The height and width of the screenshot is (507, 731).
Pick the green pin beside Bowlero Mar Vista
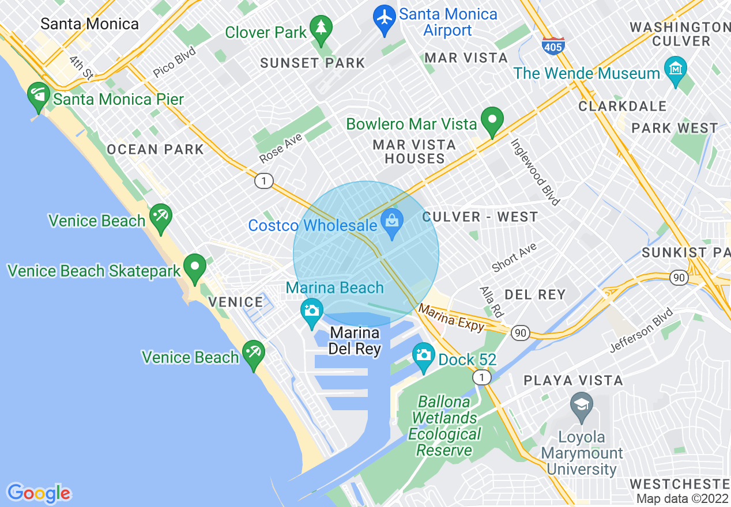point(492,121)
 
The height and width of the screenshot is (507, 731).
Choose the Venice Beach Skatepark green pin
point(195,267)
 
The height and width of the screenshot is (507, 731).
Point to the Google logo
point(39,493)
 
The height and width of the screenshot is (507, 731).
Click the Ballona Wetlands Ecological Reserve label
point(443,426)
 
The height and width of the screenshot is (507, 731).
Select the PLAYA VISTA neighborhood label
point(573,380)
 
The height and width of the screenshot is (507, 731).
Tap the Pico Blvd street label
point(175,62)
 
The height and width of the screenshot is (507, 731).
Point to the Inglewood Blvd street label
point(536,171)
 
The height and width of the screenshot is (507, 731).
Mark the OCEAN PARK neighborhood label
point(155,149)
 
